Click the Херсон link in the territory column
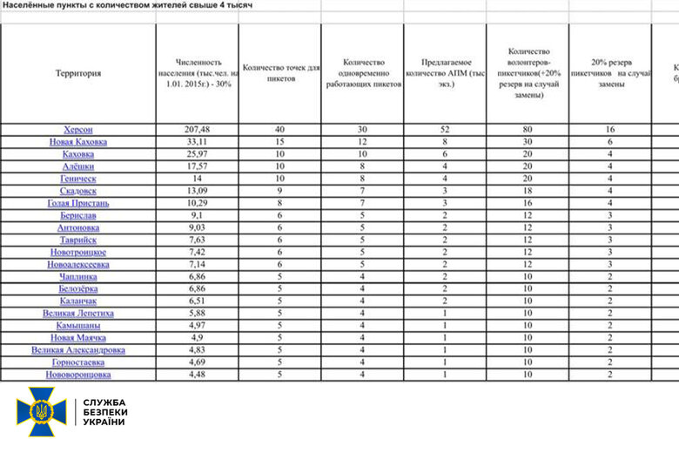[78, 129]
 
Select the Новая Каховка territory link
[78, 142]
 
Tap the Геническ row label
[78, 178]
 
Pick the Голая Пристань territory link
[78, 202]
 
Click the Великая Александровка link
[78, 349]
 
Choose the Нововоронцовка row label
[78, 374]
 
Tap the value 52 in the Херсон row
[445, 129]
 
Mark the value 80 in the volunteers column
[528, 129]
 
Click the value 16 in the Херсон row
[609, 129]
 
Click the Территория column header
[77, 73]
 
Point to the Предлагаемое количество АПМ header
[445, 73]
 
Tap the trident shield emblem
[41, 412]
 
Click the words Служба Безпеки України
[104, 412]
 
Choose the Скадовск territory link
[78, 190]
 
